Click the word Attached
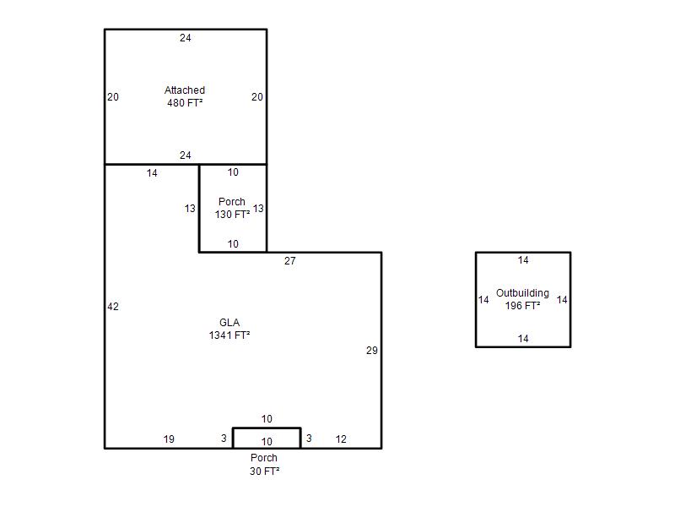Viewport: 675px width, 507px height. point(185,90)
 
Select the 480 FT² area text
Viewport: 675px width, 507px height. point(185,102)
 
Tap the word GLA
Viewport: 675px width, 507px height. point(229,323)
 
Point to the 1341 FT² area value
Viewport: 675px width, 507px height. point(229,335)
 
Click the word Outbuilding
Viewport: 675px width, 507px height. point(522,293)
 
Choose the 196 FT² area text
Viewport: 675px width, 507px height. point(522,306)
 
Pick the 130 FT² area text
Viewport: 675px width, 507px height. point(232,215)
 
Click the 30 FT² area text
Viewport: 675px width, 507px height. point(264,472)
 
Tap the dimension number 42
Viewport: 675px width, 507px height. point(113,307)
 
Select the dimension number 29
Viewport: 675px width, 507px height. point(372,351)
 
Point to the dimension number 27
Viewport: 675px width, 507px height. point(290,261)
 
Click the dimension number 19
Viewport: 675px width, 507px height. point(169,439)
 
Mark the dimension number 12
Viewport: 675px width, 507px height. point(341,439)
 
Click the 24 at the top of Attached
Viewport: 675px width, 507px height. point(186,38)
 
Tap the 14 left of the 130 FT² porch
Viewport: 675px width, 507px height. point(152,173)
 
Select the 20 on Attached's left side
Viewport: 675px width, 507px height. point(113,97)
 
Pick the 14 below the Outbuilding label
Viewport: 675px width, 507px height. point(523,339)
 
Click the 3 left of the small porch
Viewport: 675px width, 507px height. point(224,439)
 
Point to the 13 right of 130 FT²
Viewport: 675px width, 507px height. point(258,209)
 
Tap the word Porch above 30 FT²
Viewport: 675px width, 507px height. point(264,458)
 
